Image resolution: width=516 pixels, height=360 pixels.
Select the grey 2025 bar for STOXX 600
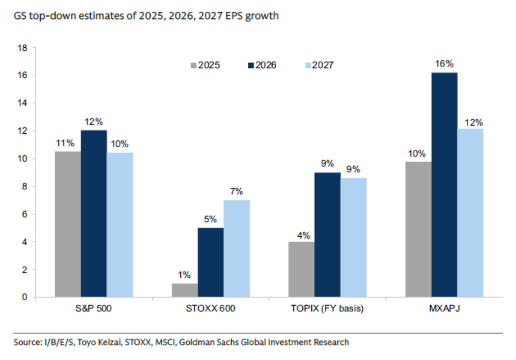pyautogui.click(x=185, y=290)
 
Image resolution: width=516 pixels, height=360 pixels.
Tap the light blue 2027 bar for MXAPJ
pyautogui.click(x=470, y=213)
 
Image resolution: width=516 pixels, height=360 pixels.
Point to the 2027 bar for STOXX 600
pyautogui.click(x=237, y=248)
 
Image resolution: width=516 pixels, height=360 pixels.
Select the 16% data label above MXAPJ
pyautogui.click(x=444, y=64)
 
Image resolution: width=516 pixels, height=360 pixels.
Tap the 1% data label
pyautogui.click(x=185, y=275)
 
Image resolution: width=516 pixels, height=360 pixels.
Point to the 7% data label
pyautogui.click(x=237, y=191)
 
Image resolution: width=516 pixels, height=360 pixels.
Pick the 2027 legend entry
pyautogui.click(x=319, y=65)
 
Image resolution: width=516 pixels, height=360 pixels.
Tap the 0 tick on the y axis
pyautogui.click(x=25, y=297)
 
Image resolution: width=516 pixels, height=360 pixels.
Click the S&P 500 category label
pyautogui.click(x=94, y=309)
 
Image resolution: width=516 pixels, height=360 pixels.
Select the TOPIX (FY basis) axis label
pyautogui.click(x=327, y=309)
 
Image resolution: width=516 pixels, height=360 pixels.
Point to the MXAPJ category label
pyautogui.click(x=444, y=309)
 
